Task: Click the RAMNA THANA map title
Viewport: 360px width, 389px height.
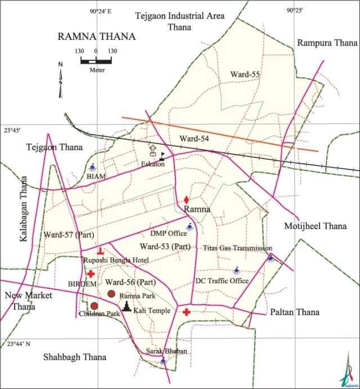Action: (x=96, y=37)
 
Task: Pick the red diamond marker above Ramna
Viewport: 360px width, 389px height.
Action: (x=186, y=200)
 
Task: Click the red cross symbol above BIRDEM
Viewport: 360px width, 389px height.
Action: (x=91, y=273)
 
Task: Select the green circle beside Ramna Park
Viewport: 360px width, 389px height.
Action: (x=111, y=294)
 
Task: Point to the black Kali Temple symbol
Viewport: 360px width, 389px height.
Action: (x=128, y=306)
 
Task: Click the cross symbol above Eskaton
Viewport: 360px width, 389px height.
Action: (x=152, y=150)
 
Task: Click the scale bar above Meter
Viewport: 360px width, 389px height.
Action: (x=95, y=60)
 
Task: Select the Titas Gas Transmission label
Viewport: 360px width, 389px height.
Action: (x=237, y=248)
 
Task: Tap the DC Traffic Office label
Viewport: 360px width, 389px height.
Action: (x=222, y=281)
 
